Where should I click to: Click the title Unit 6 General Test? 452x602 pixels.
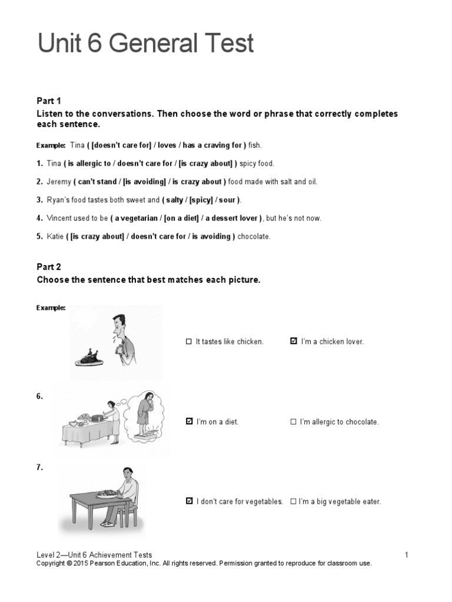point(146,44)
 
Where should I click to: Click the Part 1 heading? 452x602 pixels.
point(49,101)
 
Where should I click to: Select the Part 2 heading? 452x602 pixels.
point(49,266)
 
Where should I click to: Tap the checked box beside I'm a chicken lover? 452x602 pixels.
point(294,341)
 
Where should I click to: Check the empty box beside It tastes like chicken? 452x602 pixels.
point(188,341)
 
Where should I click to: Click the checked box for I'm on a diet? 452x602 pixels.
point(188,422)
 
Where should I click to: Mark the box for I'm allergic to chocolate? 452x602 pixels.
point(294,422)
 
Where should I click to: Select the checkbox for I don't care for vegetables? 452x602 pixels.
point(188,501)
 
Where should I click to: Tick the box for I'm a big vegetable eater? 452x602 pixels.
point(293,501)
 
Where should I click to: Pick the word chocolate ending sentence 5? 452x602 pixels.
point(254,236)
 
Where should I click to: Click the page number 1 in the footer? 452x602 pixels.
point(406,554)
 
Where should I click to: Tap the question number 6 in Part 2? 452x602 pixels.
point(39,396)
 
